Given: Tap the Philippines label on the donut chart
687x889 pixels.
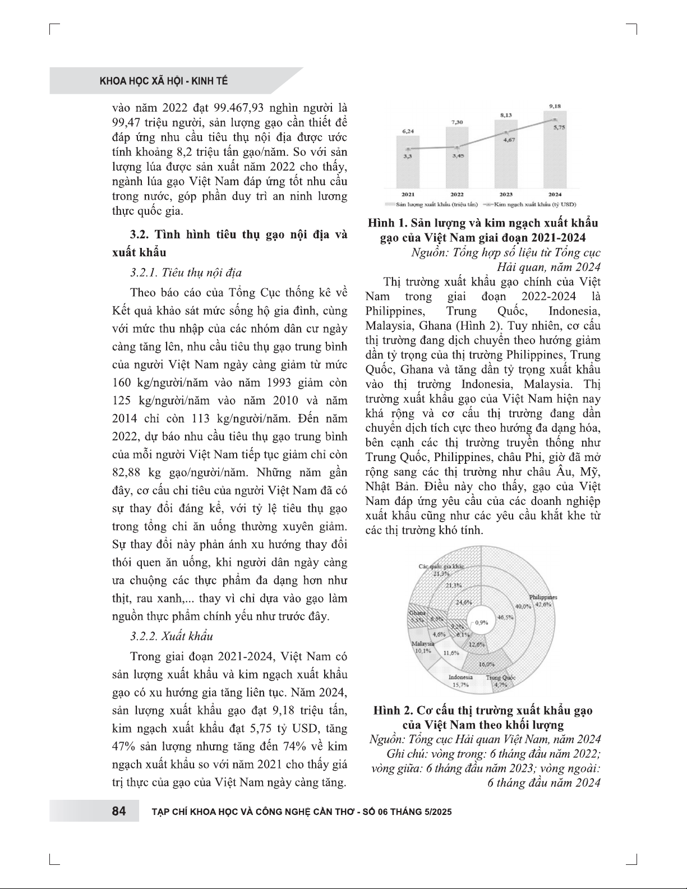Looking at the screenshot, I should pyautogui.click(x=542, y=597).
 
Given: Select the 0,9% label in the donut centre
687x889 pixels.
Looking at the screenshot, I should pyautogui.click(x=482, y=622).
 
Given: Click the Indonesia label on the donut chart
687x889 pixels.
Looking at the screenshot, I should pyautogui.click(x=460, y=677).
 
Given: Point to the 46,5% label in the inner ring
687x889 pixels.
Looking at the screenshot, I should pyautogui.click(x=505, y=617).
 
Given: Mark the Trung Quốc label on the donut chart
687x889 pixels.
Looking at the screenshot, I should pyautogui.click(x=501, y=678).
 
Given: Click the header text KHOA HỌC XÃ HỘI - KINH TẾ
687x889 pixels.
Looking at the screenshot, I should pyautogui.click(x=164, y=81).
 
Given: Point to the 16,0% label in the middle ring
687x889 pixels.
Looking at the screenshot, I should pyautogui.click(x=486, y=664).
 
